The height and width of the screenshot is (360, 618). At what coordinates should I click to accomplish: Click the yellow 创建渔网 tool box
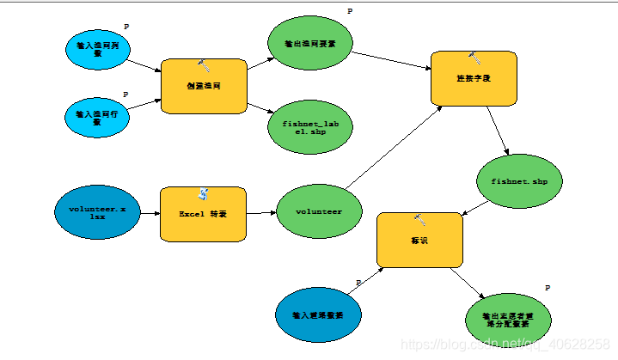pos(205,86)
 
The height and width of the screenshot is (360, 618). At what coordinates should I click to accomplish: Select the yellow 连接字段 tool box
pos(473,78)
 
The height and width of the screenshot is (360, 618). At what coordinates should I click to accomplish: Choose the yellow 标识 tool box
pos(419,241)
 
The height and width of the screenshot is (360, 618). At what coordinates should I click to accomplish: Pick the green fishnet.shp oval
pos(519,182)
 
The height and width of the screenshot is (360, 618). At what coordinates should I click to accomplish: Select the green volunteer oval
pos(319,211)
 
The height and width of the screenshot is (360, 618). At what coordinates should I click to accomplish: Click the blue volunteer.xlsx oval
pos(98,213)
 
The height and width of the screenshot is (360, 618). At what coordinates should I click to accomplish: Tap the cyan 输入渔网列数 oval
pos(97,50)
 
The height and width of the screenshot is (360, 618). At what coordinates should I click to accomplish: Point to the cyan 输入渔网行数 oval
pos(97,117)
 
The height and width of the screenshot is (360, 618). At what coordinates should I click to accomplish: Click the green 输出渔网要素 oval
pos(309,44)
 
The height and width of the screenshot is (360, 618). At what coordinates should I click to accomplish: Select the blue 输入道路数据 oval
pos(318,314)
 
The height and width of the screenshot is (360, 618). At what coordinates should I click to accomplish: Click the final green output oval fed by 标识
pos(511,319)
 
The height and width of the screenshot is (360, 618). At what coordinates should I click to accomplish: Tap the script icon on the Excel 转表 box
pos(204,193)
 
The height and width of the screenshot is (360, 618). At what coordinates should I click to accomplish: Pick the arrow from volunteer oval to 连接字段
pos(391,146)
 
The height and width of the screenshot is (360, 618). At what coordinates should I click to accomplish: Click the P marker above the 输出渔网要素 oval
pos(350,11)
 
